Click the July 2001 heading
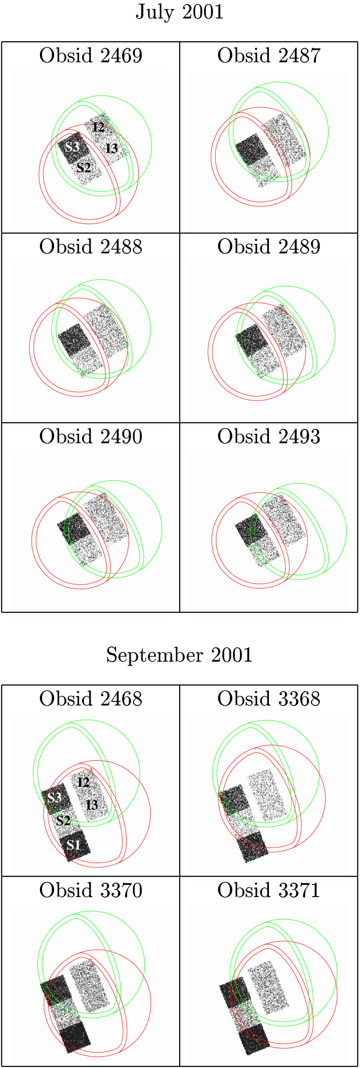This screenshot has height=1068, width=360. [x=180, y=12]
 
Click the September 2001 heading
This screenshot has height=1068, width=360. [x=179, y=655]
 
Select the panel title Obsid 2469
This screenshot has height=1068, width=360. [x=91, y=56]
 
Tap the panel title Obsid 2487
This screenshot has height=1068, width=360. [x=269, y=56]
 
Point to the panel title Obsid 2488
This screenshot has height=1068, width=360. [x=91, y=247]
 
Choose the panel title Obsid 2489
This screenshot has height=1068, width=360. [x=269, y=247]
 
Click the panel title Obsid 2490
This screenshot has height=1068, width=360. [x=91, y=436]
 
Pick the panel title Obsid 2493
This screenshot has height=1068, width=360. [x=269, y=436]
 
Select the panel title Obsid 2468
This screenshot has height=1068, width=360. [x=91, y=699]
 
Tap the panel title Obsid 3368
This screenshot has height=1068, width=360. [x=269, y=699]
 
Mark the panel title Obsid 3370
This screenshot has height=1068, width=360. [x=91, y=891]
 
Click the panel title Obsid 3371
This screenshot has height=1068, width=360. [x=269, y=891]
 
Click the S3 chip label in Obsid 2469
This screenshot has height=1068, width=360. [x=72, y=147]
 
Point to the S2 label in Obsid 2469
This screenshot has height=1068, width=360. [x=84, y=167]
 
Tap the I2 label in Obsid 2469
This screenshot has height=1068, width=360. [x=99, y=127]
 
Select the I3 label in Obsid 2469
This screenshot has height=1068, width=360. [x=112, y=148]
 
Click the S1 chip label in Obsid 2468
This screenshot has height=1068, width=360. [x=73, y=845]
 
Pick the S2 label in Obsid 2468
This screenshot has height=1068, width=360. [x=63, y=820]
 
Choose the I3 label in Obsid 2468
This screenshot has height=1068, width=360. [x=92, y=805]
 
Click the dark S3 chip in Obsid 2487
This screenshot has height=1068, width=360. [x=252, y=149]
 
